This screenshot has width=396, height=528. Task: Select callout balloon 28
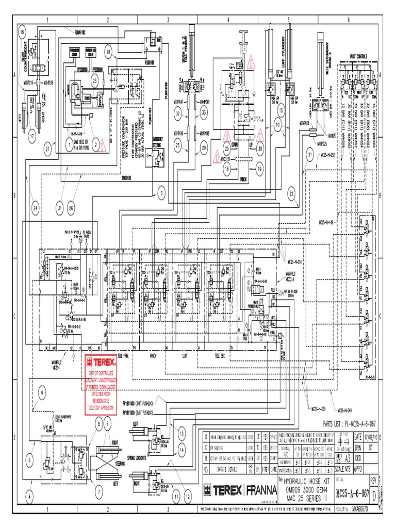[x=108, y=51]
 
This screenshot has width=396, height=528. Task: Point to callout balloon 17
[x=32, y=136]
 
